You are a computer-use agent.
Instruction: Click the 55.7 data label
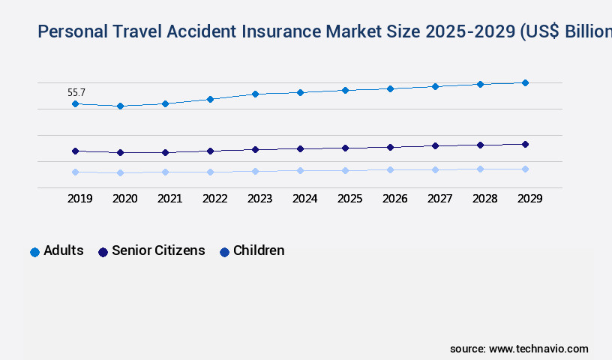[76, 93]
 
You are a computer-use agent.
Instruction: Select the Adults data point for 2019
[75, 103]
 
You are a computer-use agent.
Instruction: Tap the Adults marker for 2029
[525, 82]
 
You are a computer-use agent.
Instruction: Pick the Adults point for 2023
[255, 94]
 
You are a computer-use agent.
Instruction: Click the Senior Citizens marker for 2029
[525, 144]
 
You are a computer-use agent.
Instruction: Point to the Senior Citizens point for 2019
[75, 151]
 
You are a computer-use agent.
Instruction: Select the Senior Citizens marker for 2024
[300, 148]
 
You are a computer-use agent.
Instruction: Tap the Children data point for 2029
[525, 169]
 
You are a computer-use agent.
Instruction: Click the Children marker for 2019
[75, 172]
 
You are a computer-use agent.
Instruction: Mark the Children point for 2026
[390, 169]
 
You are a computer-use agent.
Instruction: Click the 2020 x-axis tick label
[124, 199]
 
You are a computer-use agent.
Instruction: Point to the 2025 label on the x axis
[349, 199]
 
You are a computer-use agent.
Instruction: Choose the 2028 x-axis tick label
[484, 199]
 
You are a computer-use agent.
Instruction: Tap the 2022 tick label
[214, 199]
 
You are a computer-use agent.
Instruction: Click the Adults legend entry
[57, 251]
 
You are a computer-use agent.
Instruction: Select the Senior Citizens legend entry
[151, 251]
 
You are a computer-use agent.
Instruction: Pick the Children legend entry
[252, 251]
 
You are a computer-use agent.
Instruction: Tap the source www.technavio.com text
[519, 349]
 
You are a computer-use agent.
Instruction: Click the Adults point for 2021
[165, 103]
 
